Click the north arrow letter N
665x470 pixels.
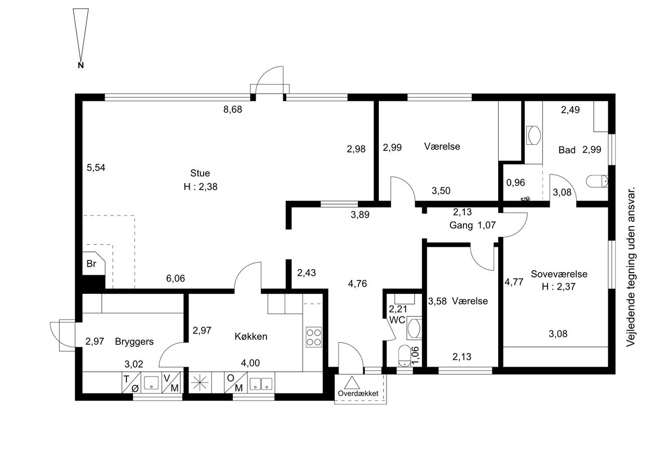81,65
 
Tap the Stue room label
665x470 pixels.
200,173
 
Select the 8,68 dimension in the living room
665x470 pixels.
233,110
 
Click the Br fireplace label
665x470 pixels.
91,263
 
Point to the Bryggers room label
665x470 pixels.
134,342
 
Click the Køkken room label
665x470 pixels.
251,337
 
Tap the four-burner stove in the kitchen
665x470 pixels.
313,337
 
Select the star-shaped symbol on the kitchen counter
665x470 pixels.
200,382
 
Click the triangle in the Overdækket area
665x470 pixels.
352,383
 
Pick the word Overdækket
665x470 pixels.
358,394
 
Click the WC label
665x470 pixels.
397,320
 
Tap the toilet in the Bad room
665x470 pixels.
597,181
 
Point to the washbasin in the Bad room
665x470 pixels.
534,136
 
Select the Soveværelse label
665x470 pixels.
559,274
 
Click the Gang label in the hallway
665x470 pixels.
461,225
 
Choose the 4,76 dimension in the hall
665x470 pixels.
357,284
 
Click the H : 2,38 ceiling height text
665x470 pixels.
201,187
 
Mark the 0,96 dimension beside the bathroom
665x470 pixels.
516,183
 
